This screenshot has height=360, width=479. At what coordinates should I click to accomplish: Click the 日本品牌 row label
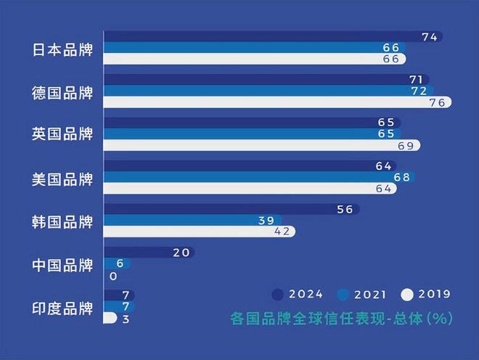[64, 49]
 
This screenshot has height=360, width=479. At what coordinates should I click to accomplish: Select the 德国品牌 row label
[64, 92]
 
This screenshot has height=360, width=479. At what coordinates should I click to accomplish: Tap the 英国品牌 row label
[64, 135]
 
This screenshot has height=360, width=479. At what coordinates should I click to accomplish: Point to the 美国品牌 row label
[64, 178]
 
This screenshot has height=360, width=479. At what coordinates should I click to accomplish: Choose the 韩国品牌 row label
[64, 221]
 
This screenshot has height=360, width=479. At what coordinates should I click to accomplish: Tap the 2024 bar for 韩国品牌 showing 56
[232, 210]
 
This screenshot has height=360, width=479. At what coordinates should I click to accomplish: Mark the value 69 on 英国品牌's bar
[405, 145]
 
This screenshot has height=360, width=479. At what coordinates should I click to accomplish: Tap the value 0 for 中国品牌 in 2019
[114, 276]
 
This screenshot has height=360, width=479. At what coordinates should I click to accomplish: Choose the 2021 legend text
[372, 294]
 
